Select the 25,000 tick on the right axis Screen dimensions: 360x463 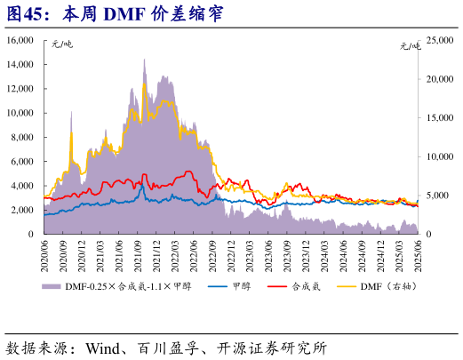[439, 41]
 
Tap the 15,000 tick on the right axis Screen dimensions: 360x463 [439, 118]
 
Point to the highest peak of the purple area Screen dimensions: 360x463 [145, 60]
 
